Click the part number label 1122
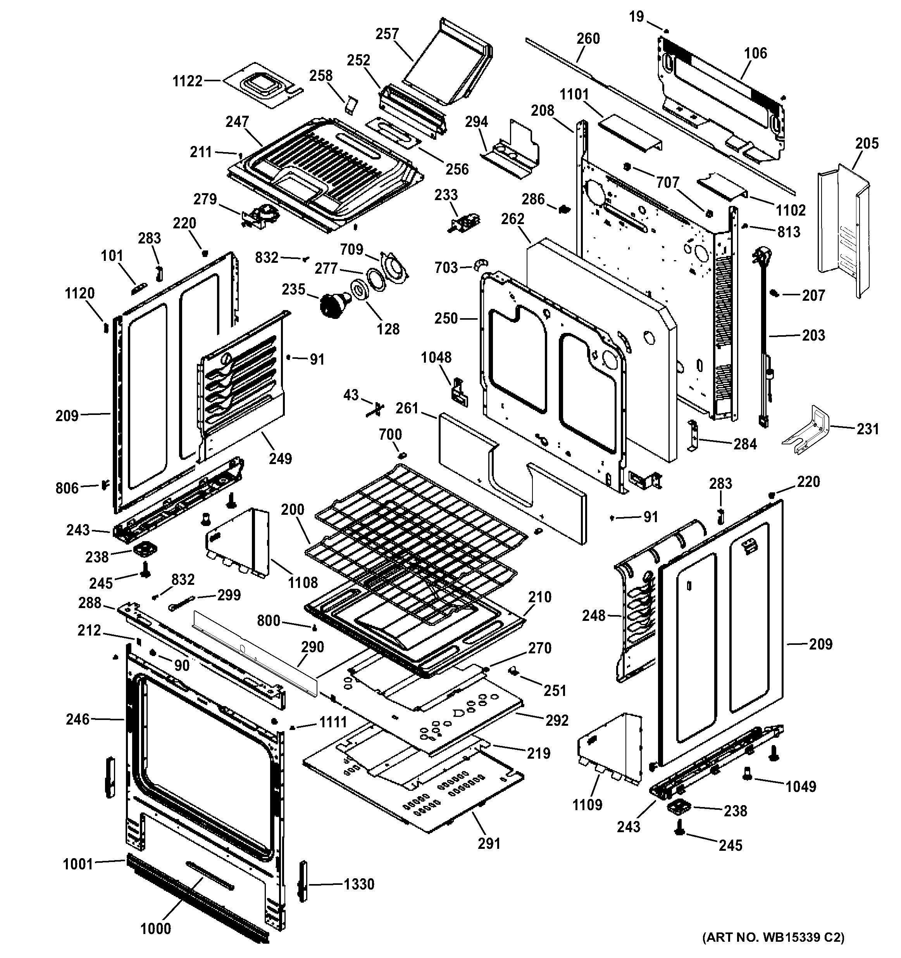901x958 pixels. point(188,81)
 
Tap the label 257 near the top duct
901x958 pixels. point(387,34)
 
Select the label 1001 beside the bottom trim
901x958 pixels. point(78,864)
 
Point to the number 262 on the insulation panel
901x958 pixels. point(512,219)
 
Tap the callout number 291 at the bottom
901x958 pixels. point(489,843)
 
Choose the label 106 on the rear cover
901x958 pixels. point(755,53)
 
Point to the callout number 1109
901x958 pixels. point(587,805)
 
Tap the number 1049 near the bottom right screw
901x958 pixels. point(801,787)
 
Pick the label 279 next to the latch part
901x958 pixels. point(205,199)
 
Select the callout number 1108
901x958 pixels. point(303,583)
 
